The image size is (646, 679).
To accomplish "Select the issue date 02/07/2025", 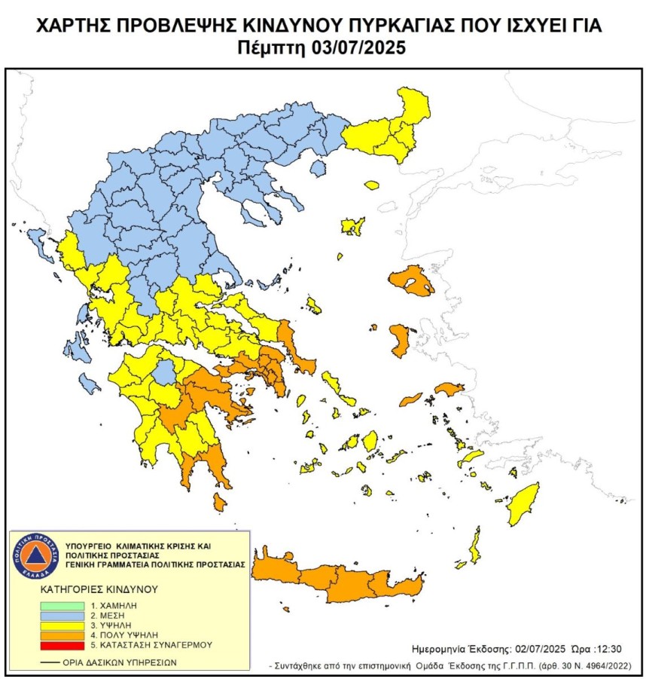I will pos(542,648).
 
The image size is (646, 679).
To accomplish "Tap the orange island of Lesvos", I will pos(412,282).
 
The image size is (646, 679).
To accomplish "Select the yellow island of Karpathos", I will pos(476,546).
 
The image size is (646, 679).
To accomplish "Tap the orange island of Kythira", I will pos(220,502).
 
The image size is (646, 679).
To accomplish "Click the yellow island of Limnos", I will pos(351,226).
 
